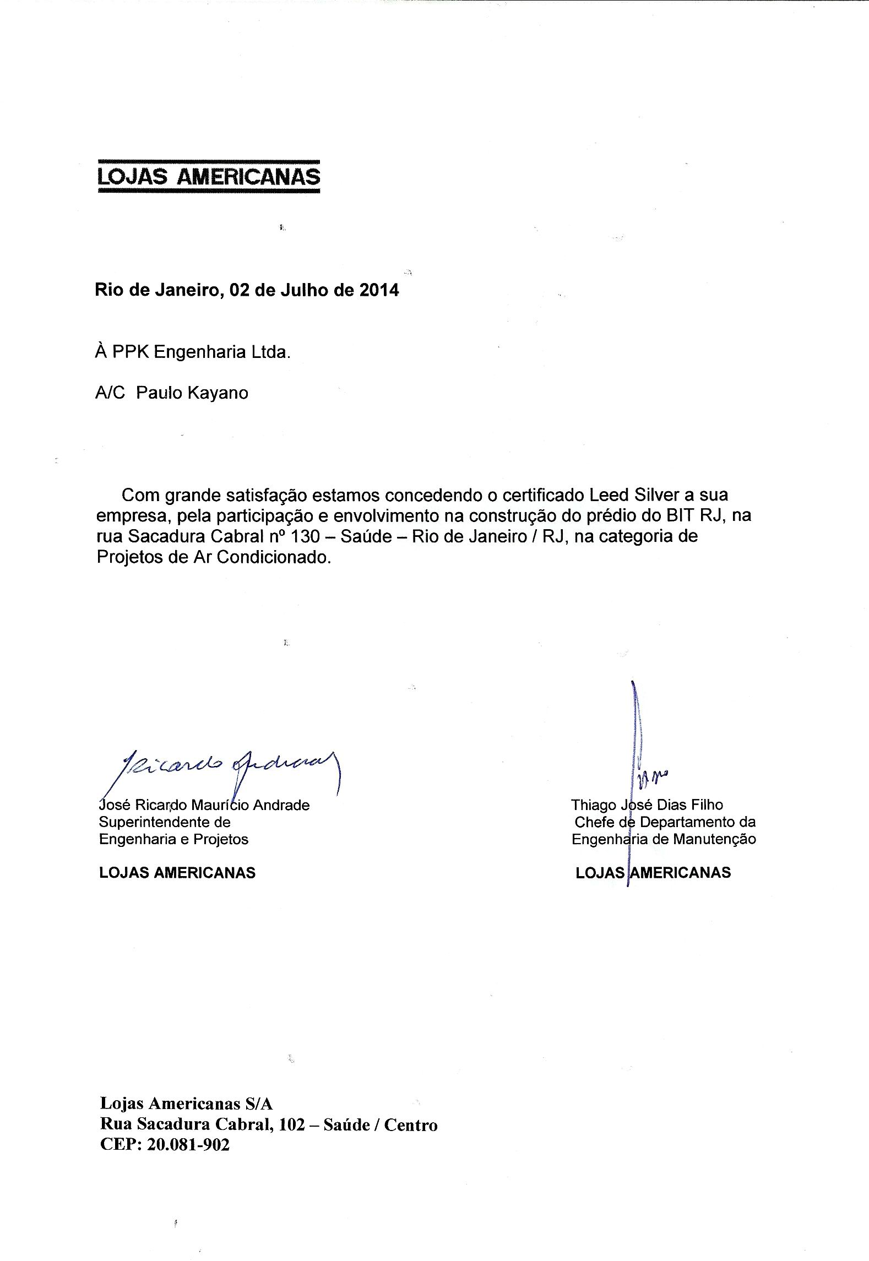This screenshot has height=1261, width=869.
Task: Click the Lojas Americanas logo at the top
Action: point(208,176)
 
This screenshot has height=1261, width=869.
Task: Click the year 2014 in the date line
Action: point(379,290)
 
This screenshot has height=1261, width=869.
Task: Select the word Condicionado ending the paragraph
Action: point(275,557)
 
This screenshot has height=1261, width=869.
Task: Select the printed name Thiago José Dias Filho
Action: point(647,805)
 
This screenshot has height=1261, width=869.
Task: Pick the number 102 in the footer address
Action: point(292,1124)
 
